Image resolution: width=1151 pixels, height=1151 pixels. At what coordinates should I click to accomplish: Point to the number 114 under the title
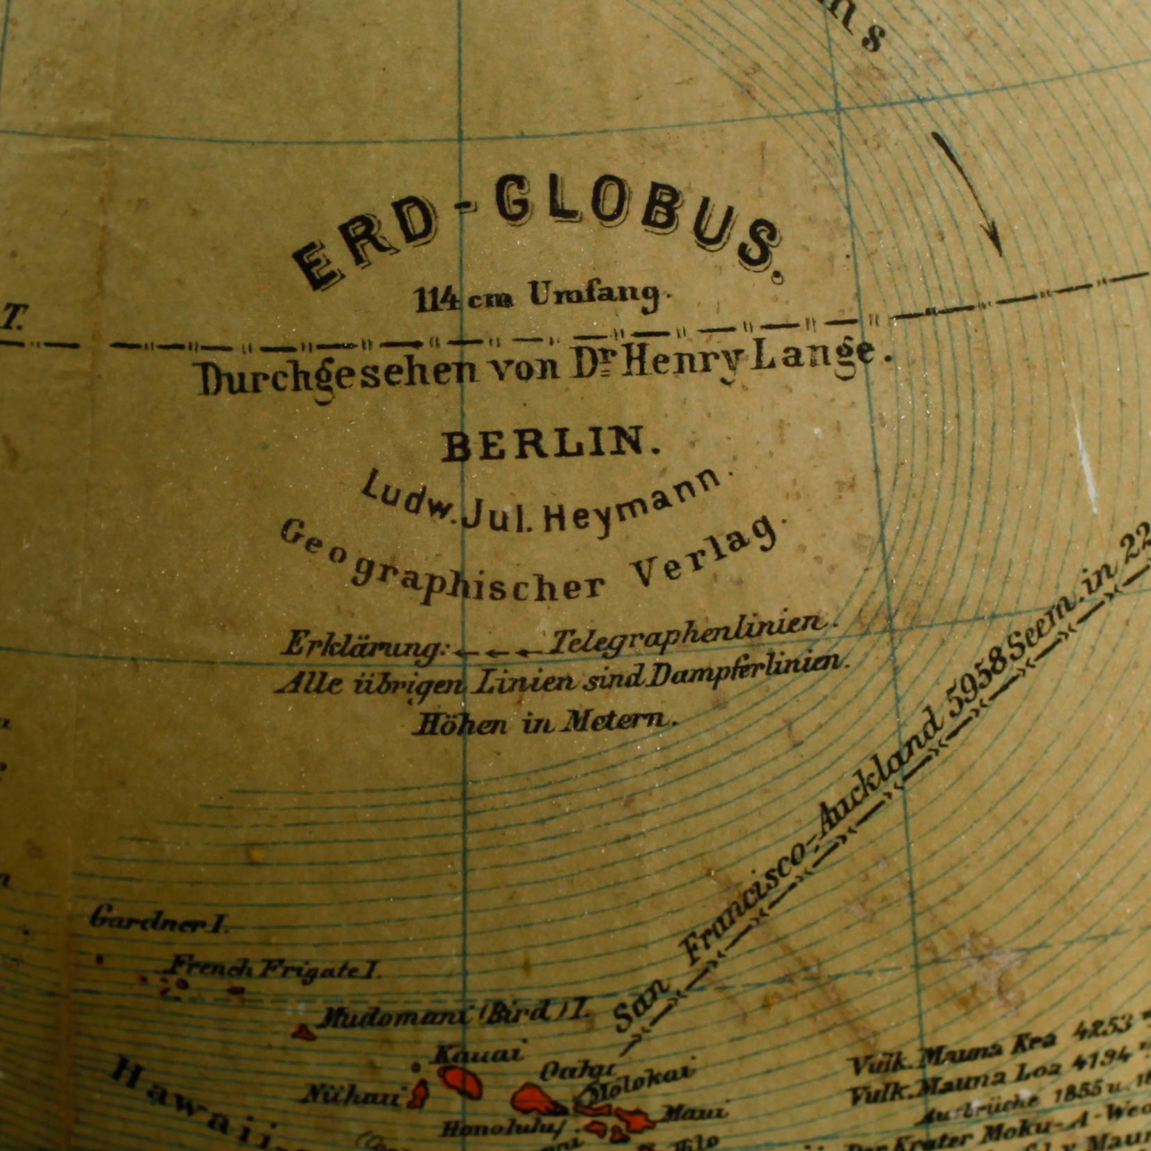[437, 300]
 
